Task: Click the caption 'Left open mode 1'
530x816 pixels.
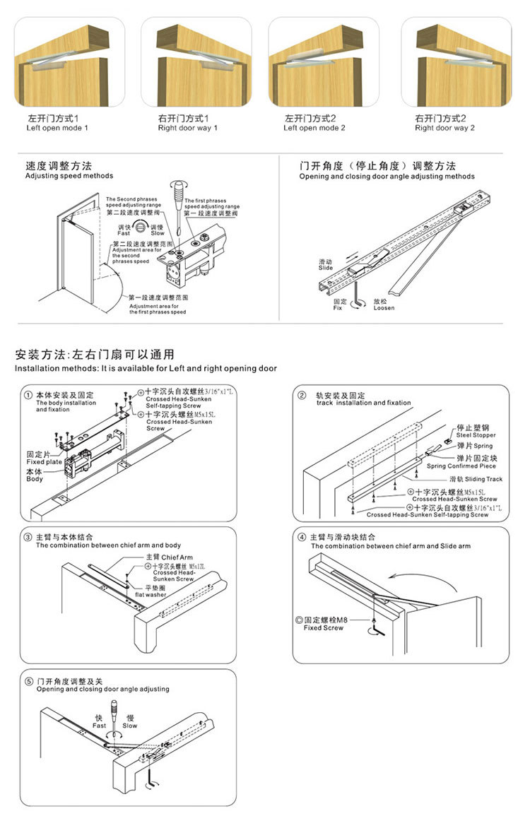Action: point(57,129)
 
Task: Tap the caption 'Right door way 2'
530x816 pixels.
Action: point(444,129)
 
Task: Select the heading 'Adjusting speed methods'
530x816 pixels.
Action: point(69,176)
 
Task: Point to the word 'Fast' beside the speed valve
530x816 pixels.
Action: point(124,233)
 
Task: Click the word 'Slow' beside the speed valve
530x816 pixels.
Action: point(157,233)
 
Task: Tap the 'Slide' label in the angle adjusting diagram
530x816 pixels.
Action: point(325,268)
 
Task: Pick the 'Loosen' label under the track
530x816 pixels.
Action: point(384,308)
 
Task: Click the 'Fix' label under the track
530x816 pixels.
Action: point(338,308)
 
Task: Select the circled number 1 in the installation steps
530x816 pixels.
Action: point(28,395)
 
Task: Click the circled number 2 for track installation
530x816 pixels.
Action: point(302,395)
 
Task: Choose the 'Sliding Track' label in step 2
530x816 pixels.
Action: point(484,479)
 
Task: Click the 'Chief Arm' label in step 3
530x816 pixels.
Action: point(167,557)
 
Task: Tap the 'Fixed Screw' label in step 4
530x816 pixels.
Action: point(323,627)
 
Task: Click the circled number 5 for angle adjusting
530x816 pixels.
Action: point(28,681)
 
